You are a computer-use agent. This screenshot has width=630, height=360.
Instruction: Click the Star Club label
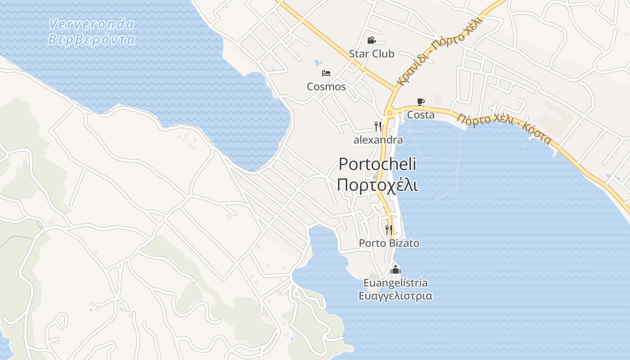pos(371,54)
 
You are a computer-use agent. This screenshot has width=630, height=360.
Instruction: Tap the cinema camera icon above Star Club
pos(371,40)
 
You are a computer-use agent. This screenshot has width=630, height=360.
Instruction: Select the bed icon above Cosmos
pos(326,73)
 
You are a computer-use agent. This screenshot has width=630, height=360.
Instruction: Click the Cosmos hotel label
pos(326,86)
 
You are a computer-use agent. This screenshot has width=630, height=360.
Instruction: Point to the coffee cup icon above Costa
pos(421,102)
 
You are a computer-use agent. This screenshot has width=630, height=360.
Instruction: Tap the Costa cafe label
pos(421,115)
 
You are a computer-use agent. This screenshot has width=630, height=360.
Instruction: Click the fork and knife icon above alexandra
pos(378,126)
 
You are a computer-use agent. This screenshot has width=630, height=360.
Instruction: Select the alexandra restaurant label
pos(378,140)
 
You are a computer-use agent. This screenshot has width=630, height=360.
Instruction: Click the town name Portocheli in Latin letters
pos(377,164)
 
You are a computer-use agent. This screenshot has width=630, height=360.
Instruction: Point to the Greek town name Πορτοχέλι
pos(377,185)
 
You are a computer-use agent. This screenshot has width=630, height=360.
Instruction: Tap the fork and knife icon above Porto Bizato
pos(389,230)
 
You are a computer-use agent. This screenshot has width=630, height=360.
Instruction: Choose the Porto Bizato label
pos(389,243)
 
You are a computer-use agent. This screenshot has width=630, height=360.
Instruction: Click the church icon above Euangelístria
pos(396,270)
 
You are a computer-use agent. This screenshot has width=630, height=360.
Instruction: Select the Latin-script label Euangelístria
pos(396,283)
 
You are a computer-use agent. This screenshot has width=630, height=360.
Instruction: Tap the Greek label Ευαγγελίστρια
pos(396,296)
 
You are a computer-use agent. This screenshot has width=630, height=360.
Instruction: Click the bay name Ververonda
pos(91,24)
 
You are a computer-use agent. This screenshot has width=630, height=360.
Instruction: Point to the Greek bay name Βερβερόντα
pos(91,40)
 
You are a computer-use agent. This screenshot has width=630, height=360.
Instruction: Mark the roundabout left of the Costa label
pos(390,113)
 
